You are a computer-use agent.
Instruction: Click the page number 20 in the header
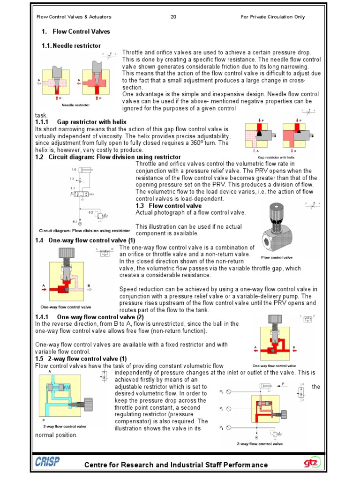(173, 17)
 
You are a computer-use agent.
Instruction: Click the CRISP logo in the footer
(47, 462)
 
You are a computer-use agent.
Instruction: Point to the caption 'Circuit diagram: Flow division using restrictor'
(84, 231)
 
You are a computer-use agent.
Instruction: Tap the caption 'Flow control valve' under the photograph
(277, 257)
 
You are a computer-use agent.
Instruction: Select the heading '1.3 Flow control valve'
(168, 206)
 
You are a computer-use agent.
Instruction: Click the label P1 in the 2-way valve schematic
(222, 427)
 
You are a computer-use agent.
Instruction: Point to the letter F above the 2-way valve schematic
(284, 382)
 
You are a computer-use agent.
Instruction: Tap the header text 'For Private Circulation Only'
(272, 17)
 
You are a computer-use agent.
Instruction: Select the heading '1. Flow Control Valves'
(76, 31)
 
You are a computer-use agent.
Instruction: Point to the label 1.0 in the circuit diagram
(74, 169)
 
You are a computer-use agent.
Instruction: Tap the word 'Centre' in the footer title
(97, 465)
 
